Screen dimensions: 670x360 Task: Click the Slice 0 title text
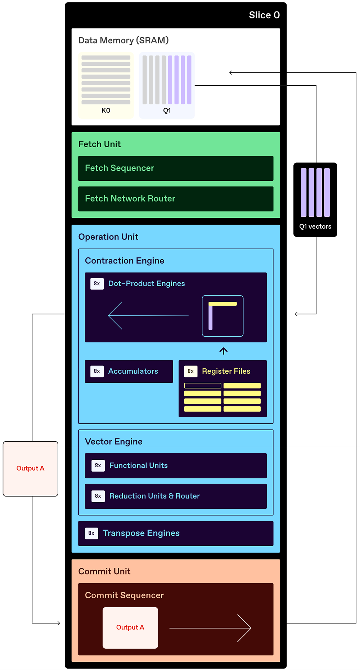click(x=264, y=15)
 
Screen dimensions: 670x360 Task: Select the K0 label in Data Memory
click(x=106, y=111)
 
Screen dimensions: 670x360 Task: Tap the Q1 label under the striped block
click(x=167, y=111)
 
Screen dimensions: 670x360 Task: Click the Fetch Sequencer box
click(x=176, y=168)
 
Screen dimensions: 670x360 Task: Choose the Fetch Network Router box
click(x=176, y=199)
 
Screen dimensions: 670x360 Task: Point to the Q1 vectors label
click(x=315, y=226)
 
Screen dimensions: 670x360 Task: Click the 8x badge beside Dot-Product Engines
click(x=97, y=284)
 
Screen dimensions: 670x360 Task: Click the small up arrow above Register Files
click(x=224, y=351)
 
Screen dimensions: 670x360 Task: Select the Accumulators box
click(x=129, y=371)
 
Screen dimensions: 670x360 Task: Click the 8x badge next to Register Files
click(x=191, y=371)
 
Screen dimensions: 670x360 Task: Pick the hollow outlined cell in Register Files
click(x=203, y=386)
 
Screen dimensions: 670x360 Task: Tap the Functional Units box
click(x=176, y=466)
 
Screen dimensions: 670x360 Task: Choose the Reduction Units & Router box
click(x=176, y=496)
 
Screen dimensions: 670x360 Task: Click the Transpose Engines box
click(x=176, y=533)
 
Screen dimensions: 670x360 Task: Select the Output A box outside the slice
click(x=31, y=468)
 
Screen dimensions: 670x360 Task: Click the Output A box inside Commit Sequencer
click(x=130, y=628)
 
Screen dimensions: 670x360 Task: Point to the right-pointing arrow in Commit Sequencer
click(x=210, y=628)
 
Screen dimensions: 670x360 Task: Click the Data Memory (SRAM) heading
click(x=123, y=40)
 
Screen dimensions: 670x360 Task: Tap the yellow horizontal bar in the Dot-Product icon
click(x=223, y=304)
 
